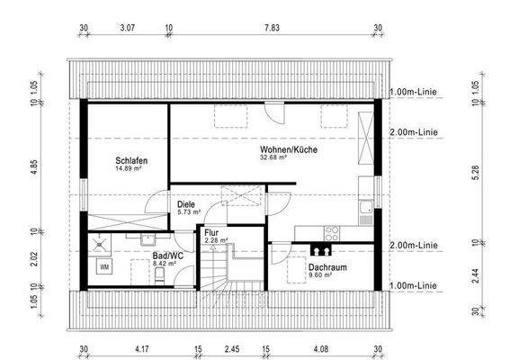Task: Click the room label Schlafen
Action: (x=130, y=160)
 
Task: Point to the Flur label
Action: (x=211, y=232)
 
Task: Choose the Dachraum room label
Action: (x=327, y=267)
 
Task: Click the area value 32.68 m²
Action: (x=273, y=157)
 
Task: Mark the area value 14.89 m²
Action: (x=128, y=168)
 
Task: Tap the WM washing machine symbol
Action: (x=105, y=266)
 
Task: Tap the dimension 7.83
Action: (x=272, y=28)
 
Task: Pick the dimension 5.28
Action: (x=476, y=167)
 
